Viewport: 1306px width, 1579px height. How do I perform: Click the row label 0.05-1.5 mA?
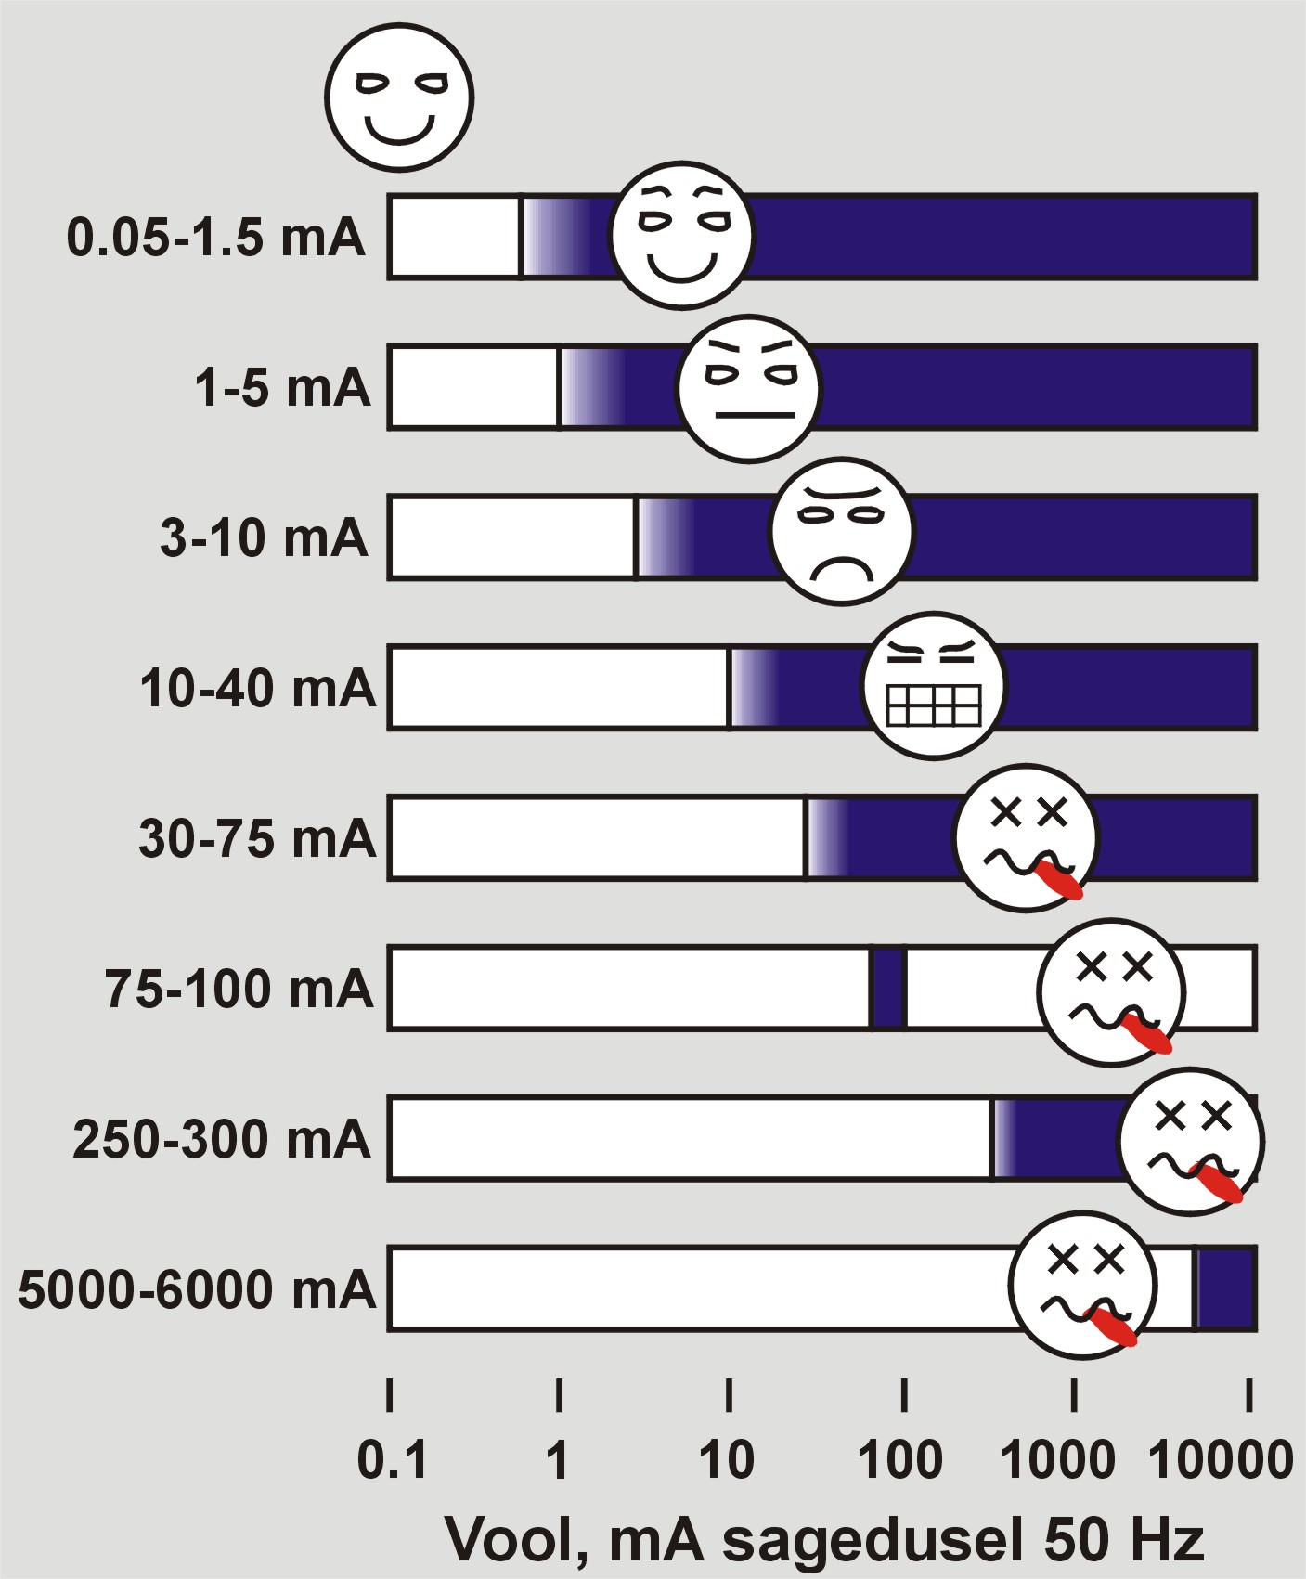(x=216, y=238)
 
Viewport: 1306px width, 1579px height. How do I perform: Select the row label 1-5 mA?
(x=282, y=387)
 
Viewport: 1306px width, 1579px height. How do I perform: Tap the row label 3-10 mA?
(x=265, y=538)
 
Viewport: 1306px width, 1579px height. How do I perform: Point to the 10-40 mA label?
(x=258, y=689)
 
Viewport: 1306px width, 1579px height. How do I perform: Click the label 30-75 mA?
(x=258, y=838)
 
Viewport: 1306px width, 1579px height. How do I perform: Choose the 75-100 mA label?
(x=239, y=989)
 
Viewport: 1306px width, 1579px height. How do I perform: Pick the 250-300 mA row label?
(x=223, y=1139)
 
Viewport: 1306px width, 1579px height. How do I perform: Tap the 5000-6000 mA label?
(x=197, y=1289)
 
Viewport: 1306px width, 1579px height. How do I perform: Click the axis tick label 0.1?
(x=393, y=1460)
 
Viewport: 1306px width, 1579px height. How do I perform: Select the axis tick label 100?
(x=900, y=1460)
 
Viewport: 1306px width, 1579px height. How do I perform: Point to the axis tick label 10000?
(x=1221, y=1460)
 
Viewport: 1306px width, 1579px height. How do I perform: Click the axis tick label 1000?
(x=1057, y=1460)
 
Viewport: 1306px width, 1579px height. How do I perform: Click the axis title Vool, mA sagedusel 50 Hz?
(x=824, y=1539)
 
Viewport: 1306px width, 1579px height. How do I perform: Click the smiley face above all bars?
(x=399, y=97)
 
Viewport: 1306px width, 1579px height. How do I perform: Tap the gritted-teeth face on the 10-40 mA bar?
(x=934, y=686)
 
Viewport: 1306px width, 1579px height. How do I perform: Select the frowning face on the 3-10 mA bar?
(x=842, y=531)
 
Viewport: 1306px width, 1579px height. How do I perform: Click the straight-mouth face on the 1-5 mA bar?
(x=749, y=388)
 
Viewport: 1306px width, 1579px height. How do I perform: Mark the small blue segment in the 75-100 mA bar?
(x=889, y=988)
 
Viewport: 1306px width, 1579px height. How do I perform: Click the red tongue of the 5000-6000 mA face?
(x=1113, y=1327)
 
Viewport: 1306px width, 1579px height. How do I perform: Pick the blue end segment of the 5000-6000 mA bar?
(x=1225, y=1288)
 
